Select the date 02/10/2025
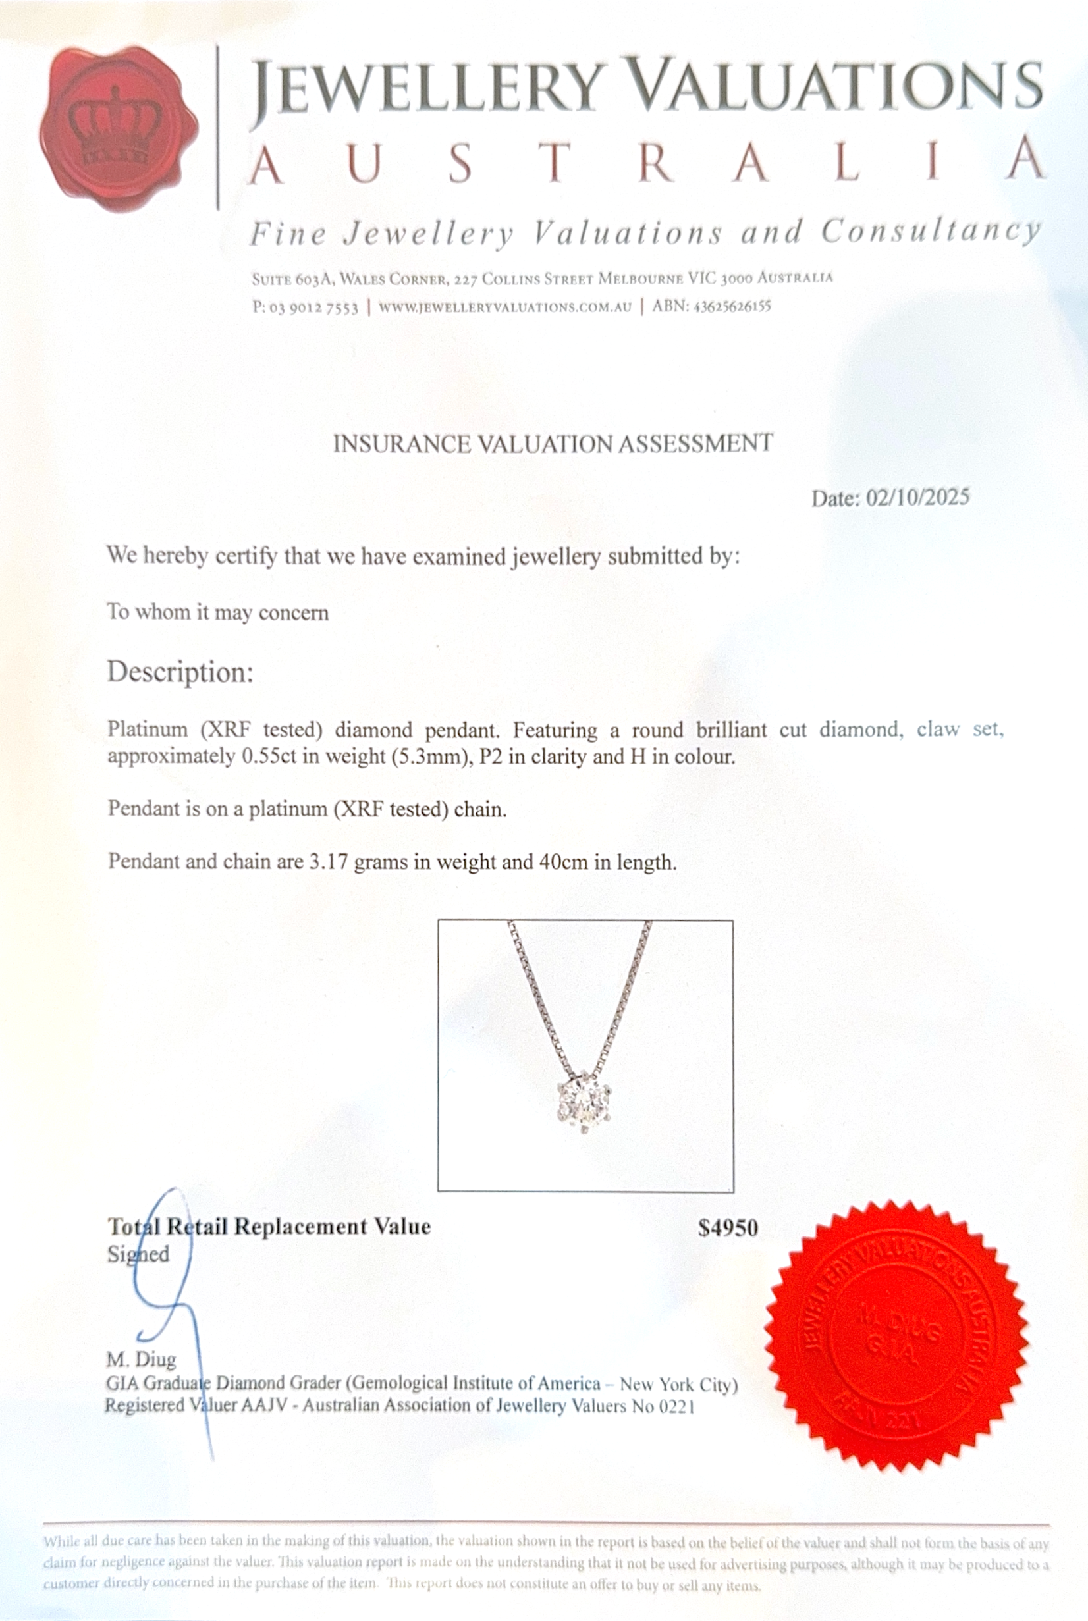click(x=917, y=497)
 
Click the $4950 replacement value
click(x=727, y=1229)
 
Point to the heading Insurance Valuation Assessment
click(x=553, y=444)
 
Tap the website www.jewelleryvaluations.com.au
click(x=505, y=307)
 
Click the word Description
click(x=180, y=672)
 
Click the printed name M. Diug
click(x=141, y=1359)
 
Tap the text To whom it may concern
click(x=217, y=612)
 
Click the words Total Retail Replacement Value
click(x=269, y=1227)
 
